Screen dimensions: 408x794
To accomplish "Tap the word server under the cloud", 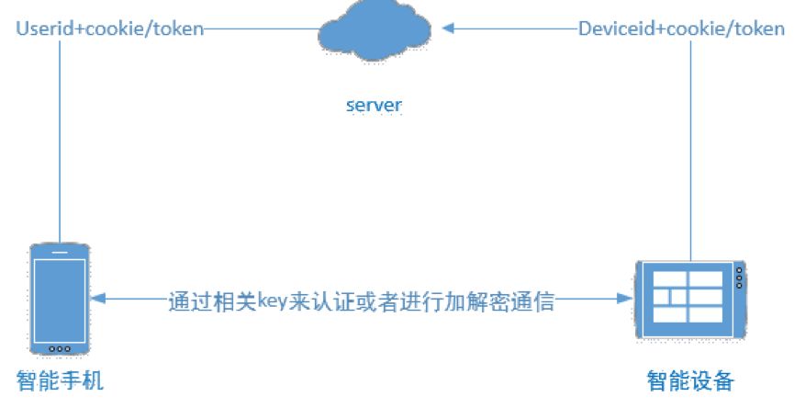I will (374, 105).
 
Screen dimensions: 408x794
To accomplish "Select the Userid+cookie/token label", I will (109, 28).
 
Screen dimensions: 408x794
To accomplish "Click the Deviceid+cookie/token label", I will (681, 28).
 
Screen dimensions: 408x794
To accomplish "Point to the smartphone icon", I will (60, 299).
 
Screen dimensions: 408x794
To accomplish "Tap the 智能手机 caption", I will (61, 380).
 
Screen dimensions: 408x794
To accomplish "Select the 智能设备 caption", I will (690, 380).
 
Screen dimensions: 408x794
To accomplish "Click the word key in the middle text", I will (273, 300).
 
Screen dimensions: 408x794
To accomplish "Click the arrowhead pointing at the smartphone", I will (98, 299).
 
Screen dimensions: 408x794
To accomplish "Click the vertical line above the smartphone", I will (60, 138).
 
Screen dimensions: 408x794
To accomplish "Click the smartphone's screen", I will (60, 296).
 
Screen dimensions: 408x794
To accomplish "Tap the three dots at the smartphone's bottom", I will (60, 348).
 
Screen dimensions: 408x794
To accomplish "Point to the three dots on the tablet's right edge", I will (740, 276).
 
